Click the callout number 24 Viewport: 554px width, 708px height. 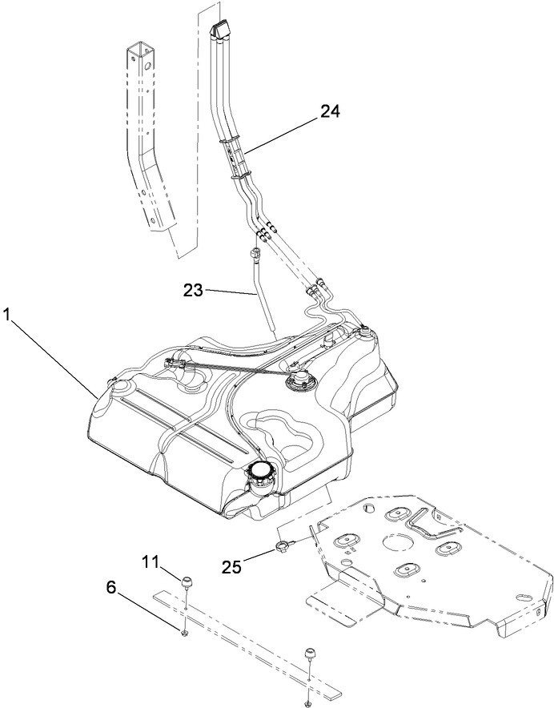[x=331, y=111]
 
